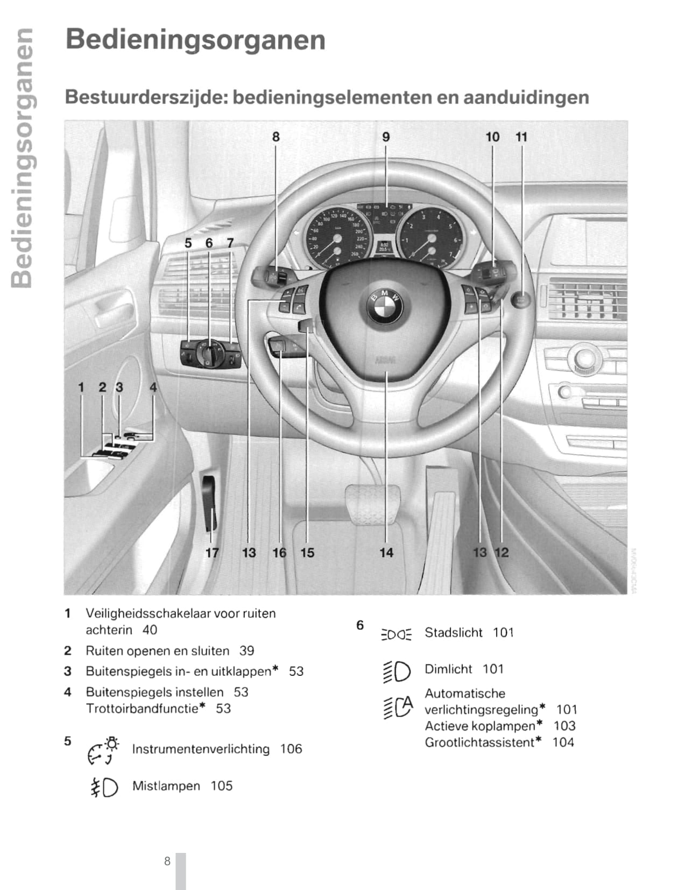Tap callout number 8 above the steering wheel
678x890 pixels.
click(x=276, y=137)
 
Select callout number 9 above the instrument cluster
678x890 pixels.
click(x=386, y=137)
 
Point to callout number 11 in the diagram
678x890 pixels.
click(x=521, y=137)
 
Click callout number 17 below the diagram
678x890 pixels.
click(x=212, y=553)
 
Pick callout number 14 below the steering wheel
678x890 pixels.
click(x=386, y=553)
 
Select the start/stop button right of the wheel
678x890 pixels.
click(x=521, y=300)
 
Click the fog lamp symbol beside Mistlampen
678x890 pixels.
click(x=104, y=787)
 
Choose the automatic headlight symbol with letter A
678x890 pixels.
click(x=398, y=707)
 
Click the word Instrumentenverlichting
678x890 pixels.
click(x=201, y=749)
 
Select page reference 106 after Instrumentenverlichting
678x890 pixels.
click(x=291, y=749)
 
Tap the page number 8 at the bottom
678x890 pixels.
click(x=167, y=861)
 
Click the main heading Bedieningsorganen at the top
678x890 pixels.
click(x=195, y=40)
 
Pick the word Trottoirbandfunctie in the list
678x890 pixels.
click(x=142, y=709)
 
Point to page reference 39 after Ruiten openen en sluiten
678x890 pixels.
click(x=247, y=651)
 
